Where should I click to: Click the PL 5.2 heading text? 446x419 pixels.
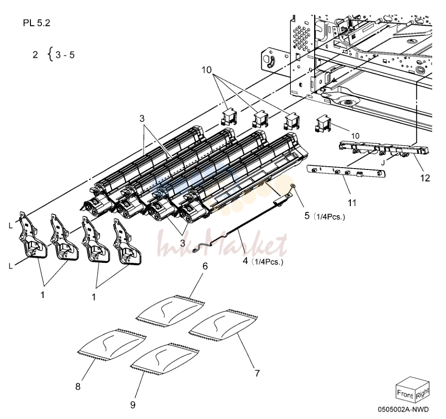click(36, 23)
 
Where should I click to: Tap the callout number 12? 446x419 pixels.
click(425, 178)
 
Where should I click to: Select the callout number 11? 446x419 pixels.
click(352, 203)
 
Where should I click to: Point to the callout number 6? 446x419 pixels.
click(205, 266)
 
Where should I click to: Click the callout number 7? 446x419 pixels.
click(257, 373)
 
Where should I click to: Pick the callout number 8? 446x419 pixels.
click(78, 386)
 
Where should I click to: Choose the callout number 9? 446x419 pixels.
click(133, 405)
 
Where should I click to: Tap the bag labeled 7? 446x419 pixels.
click(224, 325)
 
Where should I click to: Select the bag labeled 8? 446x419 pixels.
click(112, 345)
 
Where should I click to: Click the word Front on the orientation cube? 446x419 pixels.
click(405, 394)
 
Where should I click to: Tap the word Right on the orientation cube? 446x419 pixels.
click(422, 393)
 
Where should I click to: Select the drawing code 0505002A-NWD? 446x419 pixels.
click(403, 409)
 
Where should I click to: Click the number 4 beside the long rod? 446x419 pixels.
click(246, 261)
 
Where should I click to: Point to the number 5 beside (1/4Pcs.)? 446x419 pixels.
click(307, 216)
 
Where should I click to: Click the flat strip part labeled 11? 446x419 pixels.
click(346, 171)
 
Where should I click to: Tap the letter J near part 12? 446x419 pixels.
click(383, 163)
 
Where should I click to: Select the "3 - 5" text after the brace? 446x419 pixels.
click(65, 55)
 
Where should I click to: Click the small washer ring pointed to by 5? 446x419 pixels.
click(293, 186)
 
